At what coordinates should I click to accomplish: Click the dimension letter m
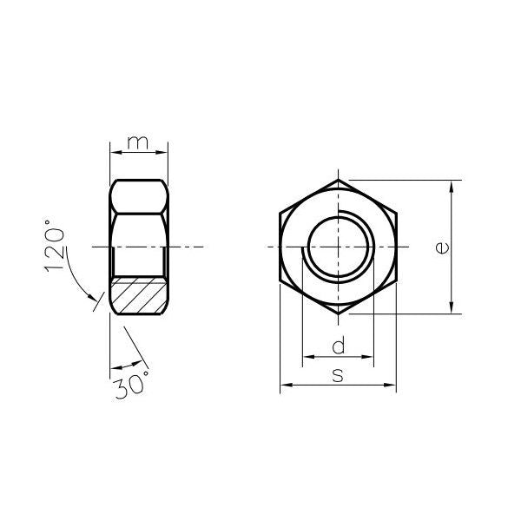[x=138, y=142]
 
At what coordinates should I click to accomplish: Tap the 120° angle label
[x=54, y=246]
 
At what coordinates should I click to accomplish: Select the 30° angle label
[x=131, y=385]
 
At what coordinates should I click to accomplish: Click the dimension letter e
[x=442, y=247]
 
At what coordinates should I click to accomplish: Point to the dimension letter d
[x=339, y=345]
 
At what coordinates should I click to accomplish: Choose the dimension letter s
[x=338, y=375]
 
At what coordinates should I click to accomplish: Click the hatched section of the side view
[x=139, y=295]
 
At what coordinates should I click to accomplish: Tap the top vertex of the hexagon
[x=339, y=180]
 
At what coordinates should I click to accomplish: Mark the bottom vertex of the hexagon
[x=339, y=314]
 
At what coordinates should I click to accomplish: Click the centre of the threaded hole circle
[x=339, y=247]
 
